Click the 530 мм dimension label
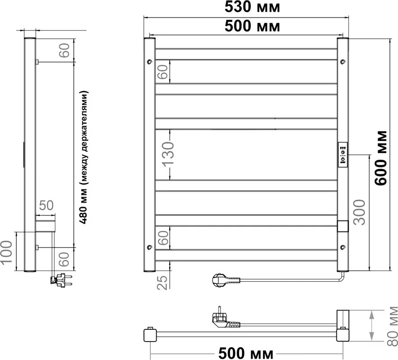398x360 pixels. point(252,7)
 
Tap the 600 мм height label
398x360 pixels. point(381,158)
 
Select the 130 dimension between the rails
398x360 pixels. point(168,154)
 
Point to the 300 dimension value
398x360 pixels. point(359,212)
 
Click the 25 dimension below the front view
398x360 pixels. point(163,282)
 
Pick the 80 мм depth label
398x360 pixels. point(393,326)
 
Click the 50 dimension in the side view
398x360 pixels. point(46,205)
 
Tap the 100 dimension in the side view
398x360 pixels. point(7,252)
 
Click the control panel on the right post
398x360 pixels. point(343,154)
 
